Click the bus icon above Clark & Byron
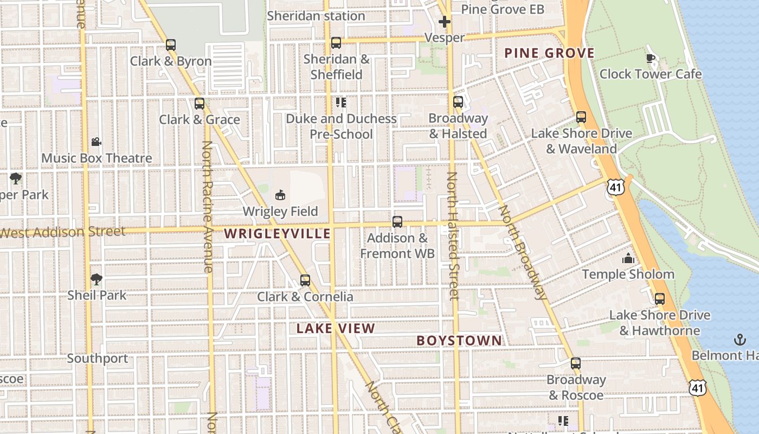171,44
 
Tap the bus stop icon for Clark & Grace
200,103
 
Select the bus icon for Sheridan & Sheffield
336,42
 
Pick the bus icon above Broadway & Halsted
458,101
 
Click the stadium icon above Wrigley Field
280,195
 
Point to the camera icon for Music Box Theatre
96,142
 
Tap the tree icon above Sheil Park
97,279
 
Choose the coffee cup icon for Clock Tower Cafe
651,58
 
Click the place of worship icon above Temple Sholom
628,258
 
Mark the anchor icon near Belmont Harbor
740,340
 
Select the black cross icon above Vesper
445,22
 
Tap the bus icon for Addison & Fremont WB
397,221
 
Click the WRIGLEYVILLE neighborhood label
277,234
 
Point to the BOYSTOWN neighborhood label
459,341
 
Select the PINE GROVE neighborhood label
549,53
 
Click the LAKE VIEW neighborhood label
336,328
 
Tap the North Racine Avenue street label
208,206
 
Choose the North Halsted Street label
453,236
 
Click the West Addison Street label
62,232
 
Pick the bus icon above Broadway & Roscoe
576,363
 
